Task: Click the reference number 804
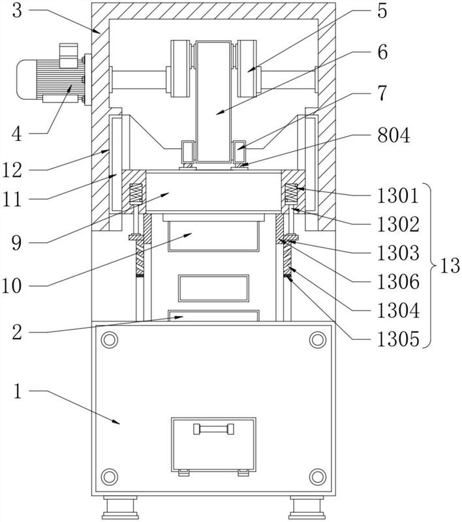pos(393,136)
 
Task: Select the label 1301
pos(398,195)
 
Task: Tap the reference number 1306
pos(398,282)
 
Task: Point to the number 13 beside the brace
pos(450,266)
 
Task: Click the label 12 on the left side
pos(12,170)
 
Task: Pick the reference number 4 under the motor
pos(17,135)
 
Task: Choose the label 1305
pos(398,339)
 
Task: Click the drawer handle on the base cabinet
pos(213,429)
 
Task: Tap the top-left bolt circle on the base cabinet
pos(110,340)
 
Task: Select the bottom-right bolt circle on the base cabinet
pos(318,477)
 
